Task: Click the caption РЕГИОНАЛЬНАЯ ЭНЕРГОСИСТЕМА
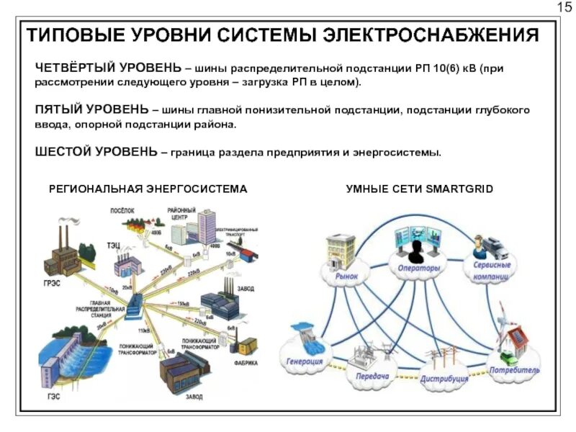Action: (148, 189)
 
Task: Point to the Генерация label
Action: (305, 361)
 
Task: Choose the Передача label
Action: (372, 376)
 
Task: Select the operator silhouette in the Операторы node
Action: (415, 251)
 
